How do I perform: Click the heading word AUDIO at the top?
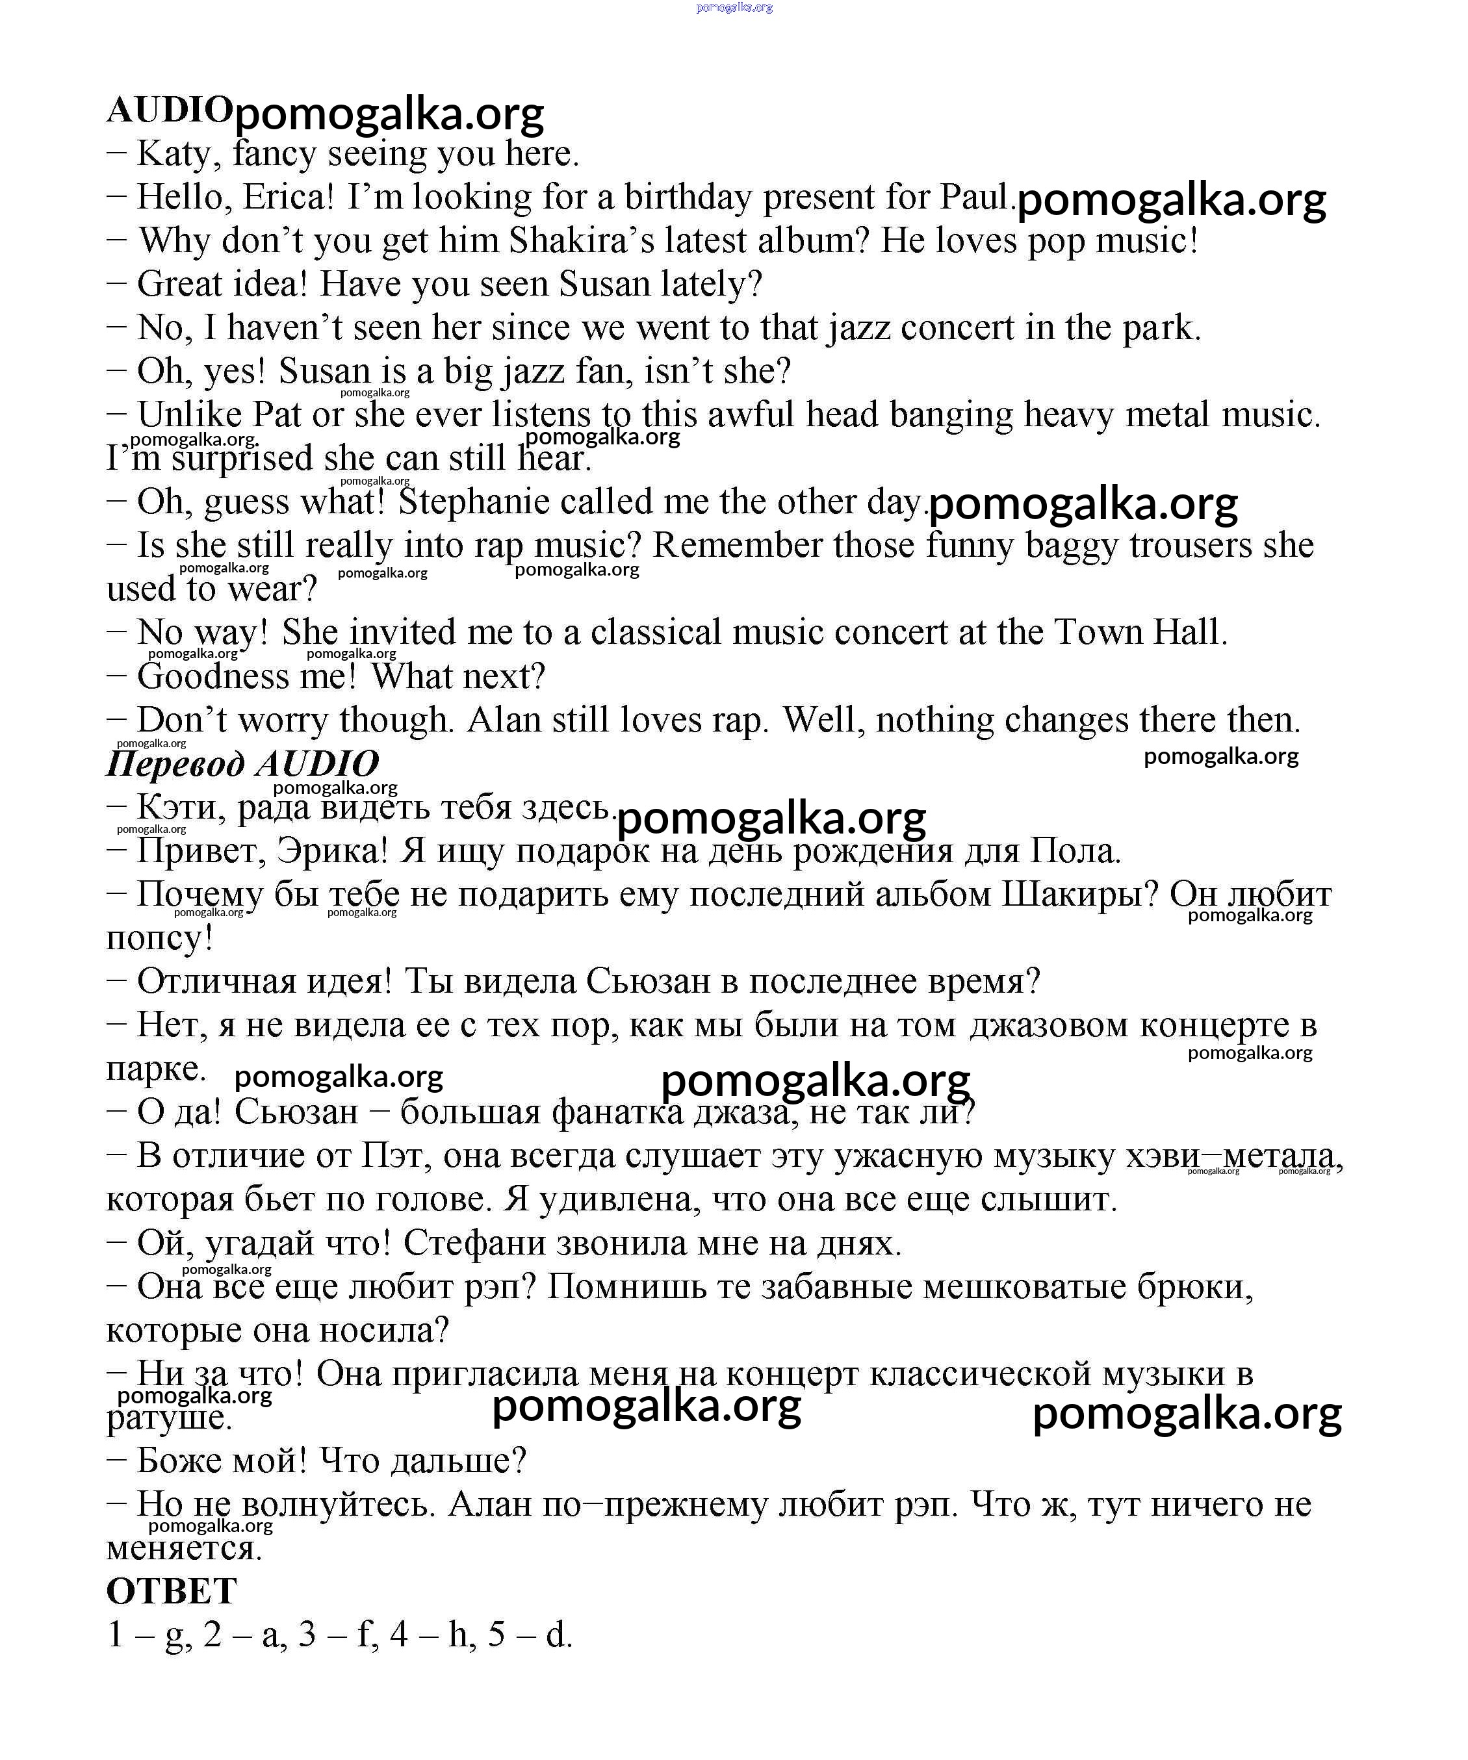coord(168,110)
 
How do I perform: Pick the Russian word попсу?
coord(159,938)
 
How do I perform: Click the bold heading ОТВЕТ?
coord(172,1590)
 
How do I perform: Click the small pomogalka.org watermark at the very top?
coord(734,8)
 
